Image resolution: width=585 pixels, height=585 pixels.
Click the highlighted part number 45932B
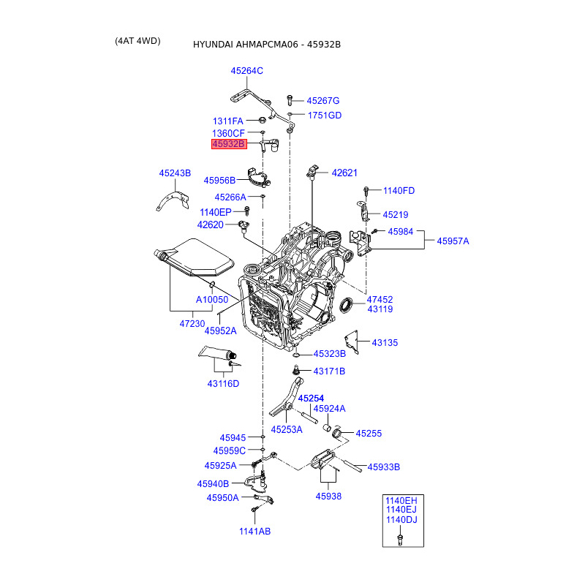tap(229, 144)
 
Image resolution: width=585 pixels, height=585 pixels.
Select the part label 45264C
tap(246, 71)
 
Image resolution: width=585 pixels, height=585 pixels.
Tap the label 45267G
tap(323, 101)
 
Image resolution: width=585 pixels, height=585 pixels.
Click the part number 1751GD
tap(325, 116)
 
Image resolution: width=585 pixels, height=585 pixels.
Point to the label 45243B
tap(175, 173)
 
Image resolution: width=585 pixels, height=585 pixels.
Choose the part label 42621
tap(344, 173)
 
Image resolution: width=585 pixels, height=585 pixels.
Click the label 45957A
tap(453, 241)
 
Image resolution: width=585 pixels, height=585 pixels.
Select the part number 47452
tap(380, 299)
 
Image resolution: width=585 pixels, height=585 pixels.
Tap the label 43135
tap(385, 342)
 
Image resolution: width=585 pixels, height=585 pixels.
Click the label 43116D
tap(223, 384)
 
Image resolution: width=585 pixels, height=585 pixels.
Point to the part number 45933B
tap(384, 467)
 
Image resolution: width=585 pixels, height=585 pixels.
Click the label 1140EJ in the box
tap(401, 510)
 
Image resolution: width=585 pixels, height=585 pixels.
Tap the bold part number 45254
tap(311, 398)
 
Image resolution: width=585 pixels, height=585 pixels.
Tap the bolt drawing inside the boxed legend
tap(400, 539)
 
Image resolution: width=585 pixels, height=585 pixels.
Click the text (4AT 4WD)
tap(137, 41)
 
